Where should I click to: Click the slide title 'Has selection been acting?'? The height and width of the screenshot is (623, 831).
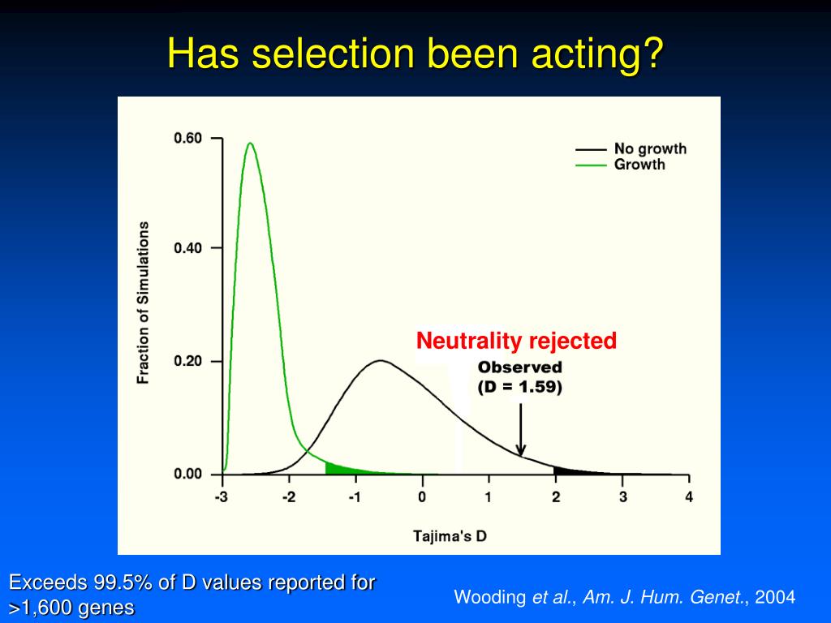coord(415,54)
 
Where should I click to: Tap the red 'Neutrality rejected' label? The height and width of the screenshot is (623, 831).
coord(516,341)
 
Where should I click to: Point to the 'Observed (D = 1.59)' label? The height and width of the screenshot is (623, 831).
coord(519,377)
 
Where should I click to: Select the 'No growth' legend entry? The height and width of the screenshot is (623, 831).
coord(650,148)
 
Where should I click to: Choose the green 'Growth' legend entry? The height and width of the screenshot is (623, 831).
coord(639,164)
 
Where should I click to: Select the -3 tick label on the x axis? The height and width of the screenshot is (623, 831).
coord(221,497)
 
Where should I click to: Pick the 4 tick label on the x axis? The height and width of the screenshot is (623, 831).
coord(689,497)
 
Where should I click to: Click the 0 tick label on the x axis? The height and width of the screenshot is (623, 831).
coord(422,497)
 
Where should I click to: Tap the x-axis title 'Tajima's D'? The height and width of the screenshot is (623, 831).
coord(450,535)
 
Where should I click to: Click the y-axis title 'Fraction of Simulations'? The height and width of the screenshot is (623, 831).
coord(144,302)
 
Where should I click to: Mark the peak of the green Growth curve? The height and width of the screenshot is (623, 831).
coord(250,144)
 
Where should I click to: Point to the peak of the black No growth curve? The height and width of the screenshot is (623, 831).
coord(379,360)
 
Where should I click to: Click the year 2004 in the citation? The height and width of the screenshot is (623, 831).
coord(775,598)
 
